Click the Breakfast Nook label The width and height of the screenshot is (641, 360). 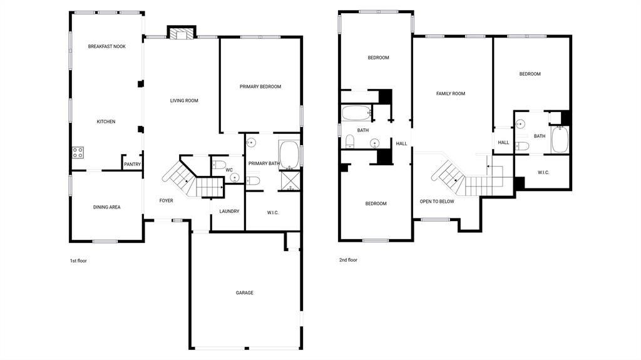106,46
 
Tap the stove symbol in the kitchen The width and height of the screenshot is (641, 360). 78,151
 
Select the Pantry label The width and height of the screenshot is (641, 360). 132,165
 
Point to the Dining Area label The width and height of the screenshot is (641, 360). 106,207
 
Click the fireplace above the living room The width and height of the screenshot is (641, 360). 182,34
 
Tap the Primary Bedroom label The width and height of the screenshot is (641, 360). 260,86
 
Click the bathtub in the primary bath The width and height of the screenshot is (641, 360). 289,155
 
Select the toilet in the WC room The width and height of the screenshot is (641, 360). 218,166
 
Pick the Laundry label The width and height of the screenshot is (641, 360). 229,211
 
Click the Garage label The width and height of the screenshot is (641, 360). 244,292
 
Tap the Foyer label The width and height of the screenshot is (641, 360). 166,200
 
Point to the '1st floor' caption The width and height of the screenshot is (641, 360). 78,260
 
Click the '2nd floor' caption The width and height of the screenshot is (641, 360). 348,260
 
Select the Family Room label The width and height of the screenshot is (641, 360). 451,94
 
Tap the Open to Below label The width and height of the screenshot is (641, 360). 437,202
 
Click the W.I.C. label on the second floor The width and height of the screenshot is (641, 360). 543,172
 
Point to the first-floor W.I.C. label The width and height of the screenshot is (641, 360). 273,213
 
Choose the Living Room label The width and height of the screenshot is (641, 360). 184,100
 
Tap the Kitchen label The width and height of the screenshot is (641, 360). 106,121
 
